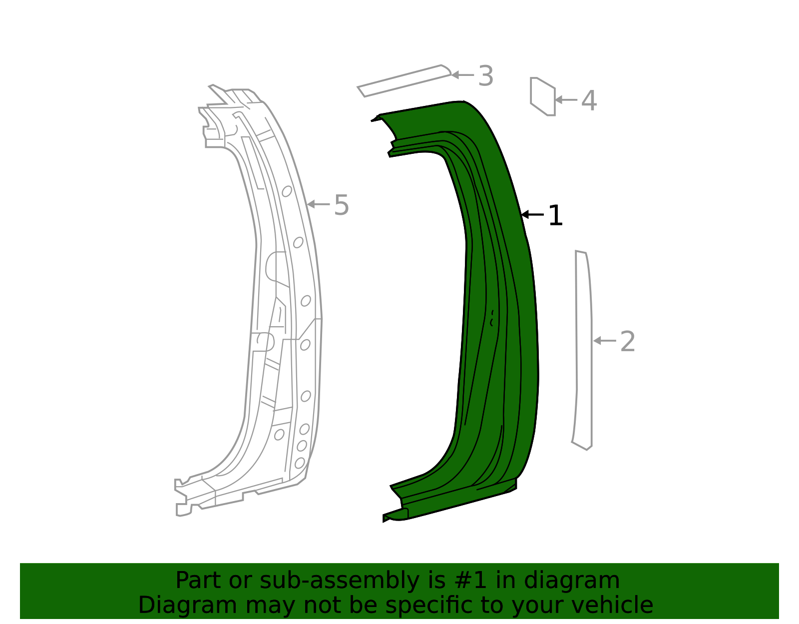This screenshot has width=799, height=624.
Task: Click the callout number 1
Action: point(555,216)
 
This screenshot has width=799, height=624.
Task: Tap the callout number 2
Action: point(627,342)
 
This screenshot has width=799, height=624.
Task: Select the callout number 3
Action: point(485,76)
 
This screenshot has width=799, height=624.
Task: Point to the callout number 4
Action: point(589,100)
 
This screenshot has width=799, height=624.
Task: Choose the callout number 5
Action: point(341,205)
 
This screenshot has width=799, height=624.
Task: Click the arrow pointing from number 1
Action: point(532,215)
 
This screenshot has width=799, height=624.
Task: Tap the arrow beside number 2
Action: point(604,341)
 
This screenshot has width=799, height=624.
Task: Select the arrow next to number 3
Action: point(462,75)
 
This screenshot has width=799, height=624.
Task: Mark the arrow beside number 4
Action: point(566,100)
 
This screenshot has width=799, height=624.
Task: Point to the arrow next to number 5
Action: point(318,204)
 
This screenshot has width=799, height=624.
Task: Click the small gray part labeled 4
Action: point(543,96)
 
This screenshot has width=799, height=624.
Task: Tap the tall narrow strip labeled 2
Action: point(584,350)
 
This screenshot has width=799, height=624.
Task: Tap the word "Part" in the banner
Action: point(196,581)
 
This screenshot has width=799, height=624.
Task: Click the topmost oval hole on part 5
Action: point(287,191)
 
